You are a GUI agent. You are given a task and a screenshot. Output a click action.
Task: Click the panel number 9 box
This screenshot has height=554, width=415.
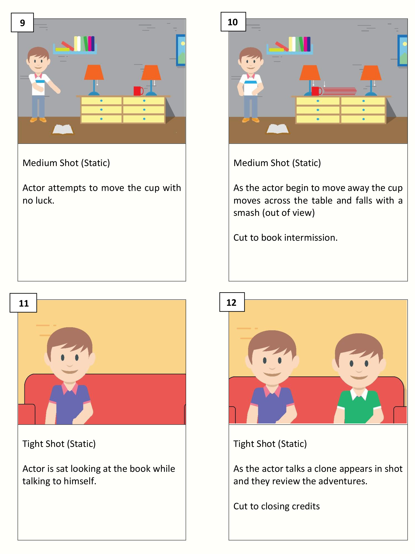click(x=22, y=23)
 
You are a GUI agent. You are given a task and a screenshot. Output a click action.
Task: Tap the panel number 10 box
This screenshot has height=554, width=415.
click(x=233, y=22)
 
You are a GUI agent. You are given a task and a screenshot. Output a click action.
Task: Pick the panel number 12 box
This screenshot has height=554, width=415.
click(x=232, y=302)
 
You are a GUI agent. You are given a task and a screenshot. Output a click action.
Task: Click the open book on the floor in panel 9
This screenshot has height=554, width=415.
click(x=63, y=130)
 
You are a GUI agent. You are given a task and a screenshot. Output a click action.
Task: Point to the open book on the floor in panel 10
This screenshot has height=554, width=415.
click(x=278, y=129)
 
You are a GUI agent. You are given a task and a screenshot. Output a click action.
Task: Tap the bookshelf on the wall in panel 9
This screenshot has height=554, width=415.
click(x=75, y=45)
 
